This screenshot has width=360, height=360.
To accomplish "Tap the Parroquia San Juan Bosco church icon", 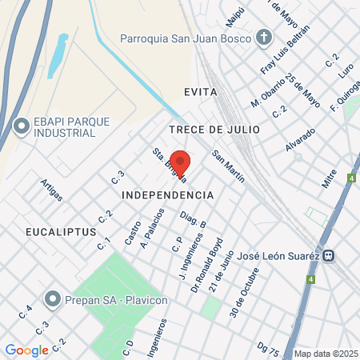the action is pyautogui.click(x=264, y=38).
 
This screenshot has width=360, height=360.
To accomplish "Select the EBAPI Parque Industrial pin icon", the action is pyautogui.click(x=22, y=126).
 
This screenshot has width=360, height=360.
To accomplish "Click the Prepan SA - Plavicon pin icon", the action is pyautogui.click(x=53, y=299).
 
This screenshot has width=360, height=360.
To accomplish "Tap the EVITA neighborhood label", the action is pyautogui.click(x=200, y=92).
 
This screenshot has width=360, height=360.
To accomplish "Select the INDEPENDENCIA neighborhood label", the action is pyautogui.click(x=167, y=194).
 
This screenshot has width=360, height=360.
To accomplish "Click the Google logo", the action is pyautogui.click(x=26, y=350).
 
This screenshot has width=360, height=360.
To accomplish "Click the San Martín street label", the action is pyautogui.click(x=228, y=166).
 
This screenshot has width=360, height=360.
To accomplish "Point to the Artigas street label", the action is pyautogui.click(x=51, y=190).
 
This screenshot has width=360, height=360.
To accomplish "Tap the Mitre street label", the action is pyautogui.click(x=329, y=177).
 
